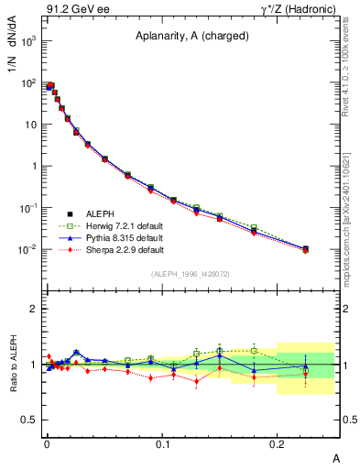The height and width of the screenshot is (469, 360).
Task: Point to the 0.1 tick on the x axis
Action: (162, 444)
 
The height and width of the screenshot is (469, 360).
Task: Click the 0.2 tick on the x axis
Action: (278, 444)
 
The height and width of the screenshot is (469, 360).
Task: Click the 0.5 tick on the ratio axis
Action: (29, 420)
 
